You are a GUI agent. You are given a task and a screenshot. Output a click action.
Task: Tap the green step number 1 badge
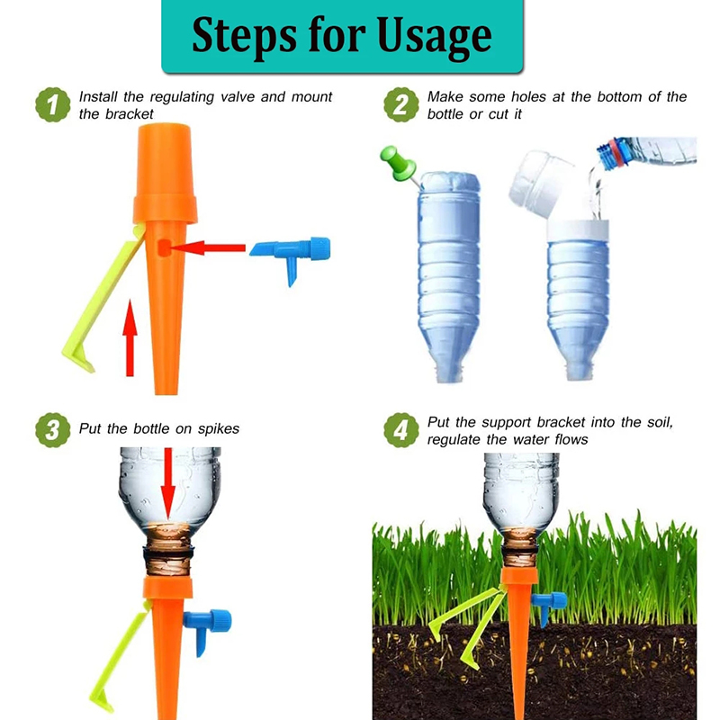(53, 105)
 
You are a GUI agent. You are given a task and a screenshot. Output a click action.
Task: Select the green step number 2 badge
(400, 105)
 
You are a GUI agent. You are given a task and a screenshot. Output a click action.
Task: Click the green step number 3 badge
(53, 430)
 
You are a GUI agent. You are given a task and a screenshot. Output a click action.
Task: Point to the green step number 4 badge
(400, 430)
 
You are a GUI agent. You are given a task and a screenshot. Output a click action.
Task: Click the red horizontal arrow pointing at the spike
(207, 248)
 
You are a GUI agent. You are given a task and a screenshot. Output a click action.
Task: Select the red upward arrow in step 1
(130, 338)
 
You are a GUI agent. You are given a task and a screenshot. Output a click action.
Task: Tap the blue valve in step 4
(549, 606)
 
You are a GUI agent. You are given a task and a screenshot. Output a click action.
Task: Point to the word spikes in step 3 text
(219, 429)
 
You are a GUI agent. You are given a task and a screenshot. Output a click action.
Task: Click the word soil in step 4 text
(660, 422)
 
